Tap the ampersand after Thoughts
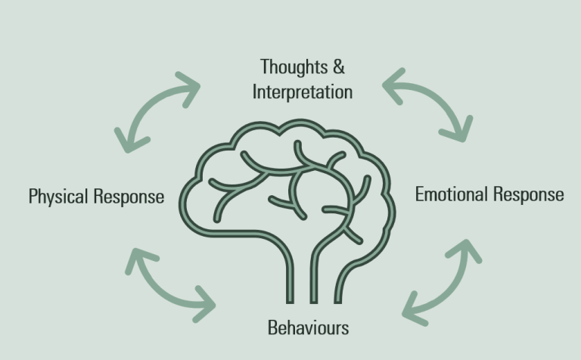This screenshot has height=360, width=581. [337, 67]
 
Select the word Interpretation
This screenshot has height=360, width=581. [303, 92]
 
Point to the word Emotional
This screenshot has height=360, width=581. [451, 194]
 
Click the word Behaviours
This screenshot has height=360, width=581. [308, 327]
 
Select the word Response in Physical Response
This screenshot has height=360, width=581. [129, 197]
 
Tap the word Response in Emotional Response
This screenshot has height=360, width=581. [528, 194]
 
